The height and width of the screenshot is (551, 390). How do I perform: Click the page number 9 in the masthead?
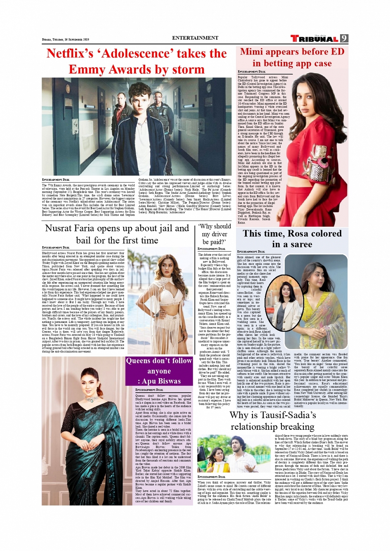click(x=344, y=38)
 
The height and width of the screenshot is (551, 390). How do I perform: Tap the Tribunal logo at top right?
click(x=314, y=39)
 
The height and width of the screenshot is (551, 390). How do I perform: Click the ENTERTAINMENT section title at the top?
click(x=195, y=38)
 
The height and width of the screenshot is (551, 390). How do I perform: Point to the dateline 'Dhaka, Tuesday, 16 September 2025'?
click(x=66, y=40)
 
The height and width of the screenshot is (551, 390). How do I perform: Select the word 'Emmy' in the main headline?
click(x=86, y=70)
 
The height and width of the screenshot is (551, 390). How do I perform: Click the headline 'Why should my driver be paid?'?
click(x=214, y=234)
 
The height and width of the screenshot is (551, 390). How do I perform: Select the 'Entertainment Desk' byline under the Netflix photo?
click(x=56, y=180)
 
